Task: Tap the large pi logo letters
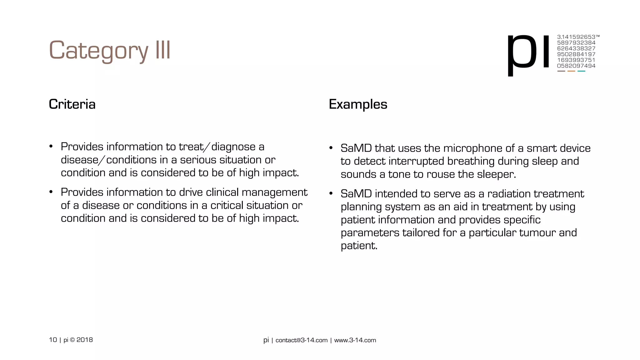click(528, 53)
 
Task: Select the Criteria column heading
click(72, 104)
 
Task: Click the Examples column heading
click(358, 104)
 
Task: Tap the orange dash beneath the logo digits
click(571, 71)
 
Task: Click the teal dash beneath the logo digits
click(581, 71)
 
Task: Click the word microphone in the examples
click(472, 148)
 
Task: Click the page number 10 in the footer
click(53, 340)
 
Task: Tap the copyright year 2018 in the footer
click(85, 340)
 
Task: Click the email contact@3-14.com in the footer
click(301, 340)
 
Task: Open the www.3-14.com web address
click(355, 340)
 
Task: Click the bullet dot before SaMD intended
click(331, 194)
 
